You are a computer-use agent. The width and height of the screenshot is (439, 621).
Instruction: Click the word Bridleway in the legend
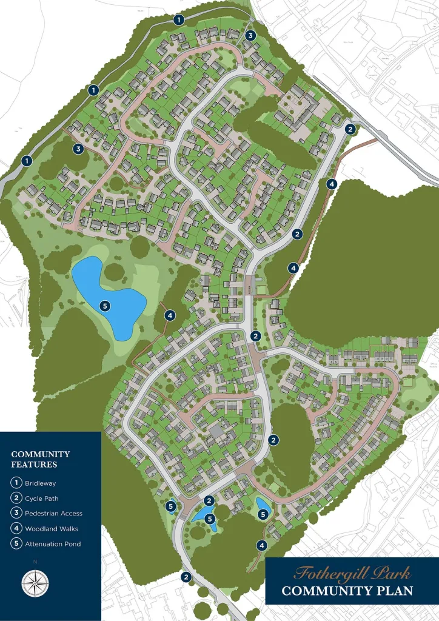coord(40,483)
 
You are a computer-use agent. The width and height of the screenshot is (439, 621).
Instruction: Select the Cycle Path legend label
coord(42,498)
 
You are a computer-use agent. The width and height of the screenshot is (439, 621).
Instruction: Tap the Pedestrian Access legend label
coord(53,514)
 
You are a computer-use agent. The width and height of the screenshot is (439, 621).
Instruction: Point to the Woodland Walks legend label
coord(52,529)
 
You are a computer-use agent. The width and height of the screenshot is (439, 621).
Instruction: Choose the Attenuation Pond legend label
coord(53,544)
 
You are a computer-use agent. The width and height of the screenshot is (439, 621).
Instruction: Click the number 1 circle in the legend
coord(17,483)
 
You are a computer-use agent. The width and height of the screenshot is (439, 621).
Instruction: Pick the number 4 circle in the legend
coord(17,529)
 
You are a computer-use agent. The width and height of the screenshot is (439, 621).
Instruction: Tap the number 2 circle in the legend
coord(17,498)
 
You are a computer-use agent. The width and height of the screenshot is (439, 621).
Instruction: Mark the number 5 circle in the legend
coord(17,544)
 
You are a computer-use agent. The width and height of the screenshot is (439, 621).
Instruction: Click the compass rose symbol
coord(35,583)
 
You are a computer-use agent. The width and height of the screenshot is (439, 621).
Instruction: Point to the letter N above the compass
coord(35,562)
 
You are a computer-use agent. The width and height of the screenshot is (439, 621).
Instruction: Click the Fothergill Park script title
coord(352,573)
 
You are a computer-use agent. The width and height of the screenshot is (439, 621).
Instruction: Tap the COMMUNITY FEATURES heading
coord(41,459)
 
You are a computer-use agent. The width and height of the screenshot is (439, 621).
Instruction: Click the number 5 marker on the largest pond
coord(105,306)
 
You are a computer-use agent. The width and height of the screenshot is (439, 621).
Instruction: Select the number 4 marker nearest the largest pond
coord(170,315)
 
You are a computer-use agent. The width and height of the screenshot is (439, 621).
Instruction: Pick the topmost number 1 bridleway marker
coord(178,20)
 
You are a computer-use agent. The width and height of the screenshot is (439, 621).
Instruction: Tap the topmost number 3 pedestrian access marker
coord(250,36)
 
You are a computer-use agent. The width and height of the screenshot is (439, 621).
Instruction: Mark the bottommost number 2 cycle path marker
coord(186,577)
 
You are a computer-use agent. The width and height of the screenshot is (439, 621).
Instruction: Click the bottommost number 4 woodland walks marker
coord(261,545)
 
